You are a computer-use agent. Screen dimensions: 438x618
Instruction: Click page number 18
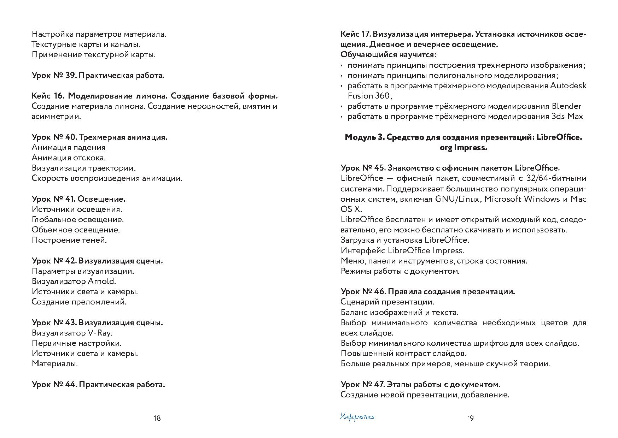[157, 418]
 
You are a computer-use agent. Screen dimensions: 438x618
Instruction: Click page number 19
[470, 418]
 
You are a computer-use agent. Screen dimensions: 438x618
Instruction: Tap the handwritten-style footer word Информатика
[357, 417]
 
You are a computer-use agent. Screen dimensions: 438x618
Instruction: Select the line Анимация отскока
[69, 158]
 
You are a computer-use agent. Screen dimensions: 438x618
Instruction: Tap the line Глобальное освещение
[77, 220]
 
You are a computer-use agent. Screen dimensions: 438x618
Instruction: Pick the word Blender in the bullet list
[566, 106]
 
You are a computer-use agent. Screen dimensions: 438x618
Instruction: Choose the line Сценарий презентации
[387, 302]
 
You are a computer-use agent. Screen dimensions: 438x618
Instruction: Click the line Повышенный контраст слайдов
[403, 354]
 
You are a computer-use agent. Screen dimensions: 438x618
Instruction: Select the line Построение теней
[69, 240]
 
